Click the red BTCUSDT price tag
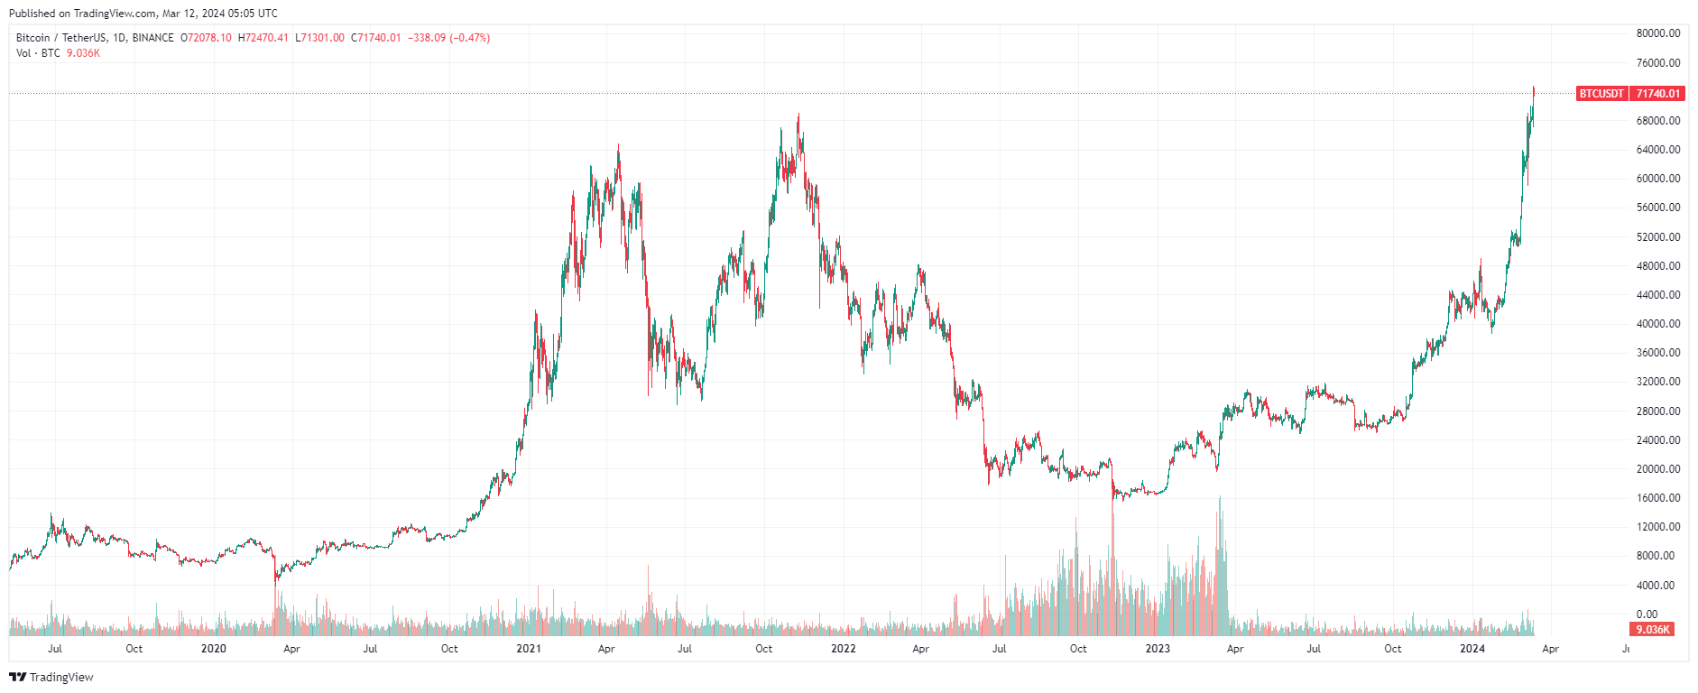click(x=1601, y=94)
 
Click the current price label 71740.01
click(x=1658, y=94)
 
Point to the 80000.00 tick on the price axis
click(x=1658, y=33)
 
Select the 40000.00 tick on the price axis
click(x=1658, y=324)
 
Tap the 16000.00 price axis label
click(x=1658, y=498)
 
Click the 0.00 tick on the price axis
click(x=1647, y=614)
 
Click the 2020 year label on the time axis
click(x=213, y=649)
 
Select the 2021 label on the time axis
click(x=528, y=649)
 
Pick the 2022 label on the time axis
click(x=843, y=649)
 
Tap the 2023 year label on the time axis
click(x=1158, y=649)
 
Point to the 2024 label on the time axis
click(x=1472, y=649)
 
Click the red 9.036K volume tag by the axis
click(x=1653, y=630)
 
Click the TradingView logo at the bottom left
click(x=51, y=677)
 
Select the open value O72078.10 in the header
click(x=207, y=38)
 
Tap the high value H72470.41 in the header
click(x=263, y=38)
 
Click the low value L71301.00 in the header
click(x=321, y=38)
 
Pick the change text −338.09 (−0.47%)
click(x=449, y=38)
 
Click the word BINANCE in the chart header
click(x=152, y=38)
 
